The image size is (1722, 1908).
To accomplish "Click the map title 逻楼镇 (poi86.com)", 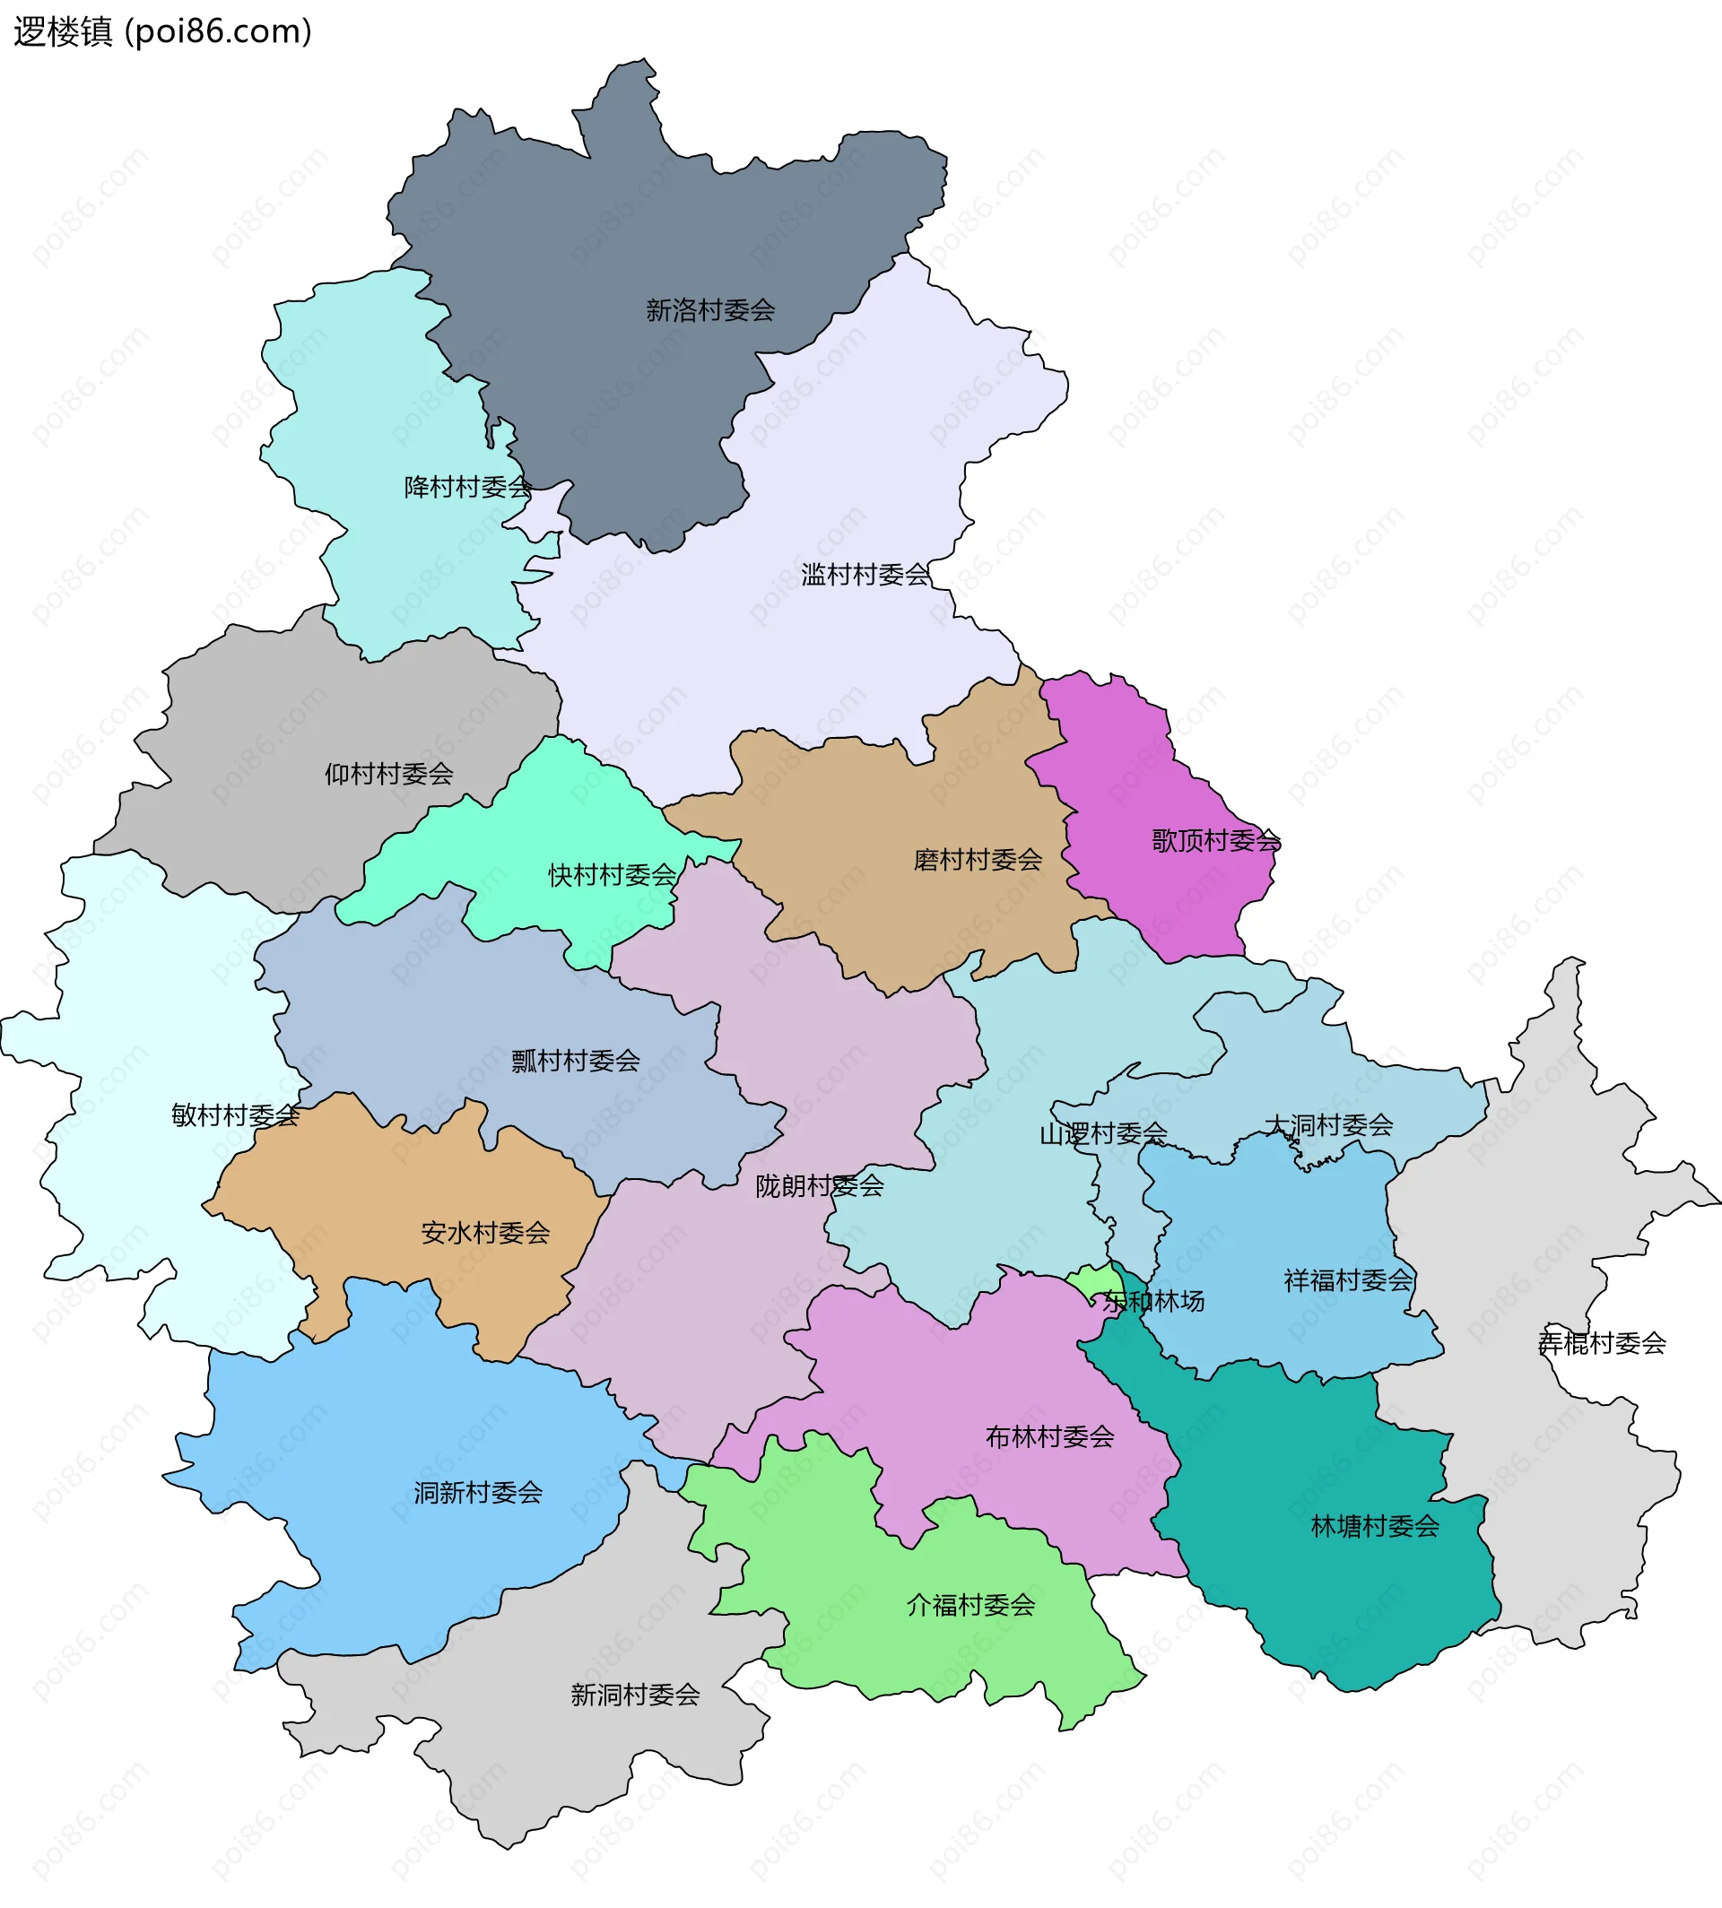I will click(161, 32).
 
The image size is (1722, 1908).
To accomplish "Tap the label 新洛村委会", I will click(709, 310).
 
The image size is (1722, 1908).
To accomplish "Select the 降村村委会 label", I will click(467, 487).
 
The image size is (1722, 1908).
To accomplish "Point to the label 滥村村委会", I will click(865, 575).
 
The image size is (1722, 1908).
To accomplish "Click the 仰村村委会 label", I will click(389, 775).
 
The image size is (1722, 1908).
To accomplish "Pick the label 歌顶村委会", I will click(1216, 841).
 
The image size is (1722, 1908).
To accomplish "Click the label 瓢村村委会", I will click(575, 1062).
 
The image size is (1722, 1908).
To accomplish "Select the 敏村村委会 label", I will click(235, 1116).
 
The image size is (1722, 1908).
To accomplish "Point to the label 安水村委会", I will click(485, 1234).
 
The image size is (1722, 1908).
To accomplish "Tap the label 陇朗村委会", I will click(820, 1186).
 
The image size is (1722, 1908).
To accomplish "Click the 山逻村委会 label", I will click(1103, 1134).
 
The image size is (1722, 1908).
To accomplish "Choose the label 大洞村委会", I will click(1328, 1125).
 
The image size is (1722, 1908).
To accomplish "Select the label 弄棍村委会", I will click(1602, 1343).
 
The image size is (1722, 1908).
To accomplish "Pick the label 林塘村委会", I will click(1375, 1527).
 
